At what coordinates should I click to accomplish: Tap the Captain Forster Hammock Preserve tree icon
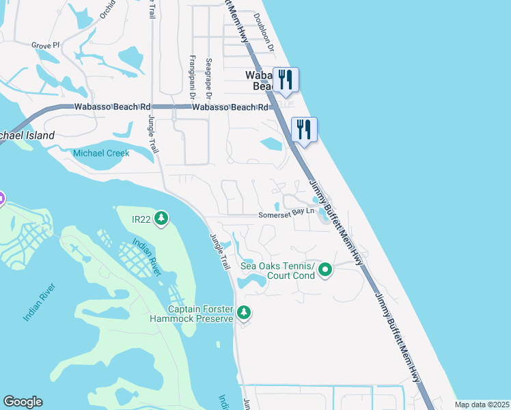click(244, 313)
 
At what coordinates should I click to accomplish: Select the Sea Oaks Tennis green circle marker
click(325, 271)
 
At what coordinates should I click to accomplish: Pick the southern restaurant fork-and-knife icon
click(304, 128)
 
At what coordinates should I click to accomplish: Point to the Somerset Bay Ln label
click(286, 215)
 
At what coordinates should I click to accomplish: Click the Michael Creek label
click(101, 154)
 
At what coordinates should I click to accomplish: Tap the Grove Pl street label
click(45, 45)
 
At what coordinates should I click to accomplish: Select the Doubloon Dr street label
click(263, 33)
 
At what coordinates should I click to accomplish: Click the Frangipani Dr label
click(192, 76)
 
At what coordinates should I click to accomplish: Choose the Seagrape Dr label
click(209, 76)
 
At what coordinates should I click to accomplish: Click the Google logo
click(23, 402)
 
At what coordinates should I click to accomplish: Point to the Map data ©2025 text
click(482, 405)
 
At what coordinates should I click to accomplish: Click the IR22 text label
click(143, 219)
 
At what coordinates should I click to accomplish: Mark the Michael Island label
click(27, 135)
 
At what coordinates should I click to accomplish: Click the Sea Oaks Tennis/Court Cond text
click(277, 271)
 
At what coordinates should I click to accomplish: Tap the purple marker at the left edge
click(1, 199)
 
